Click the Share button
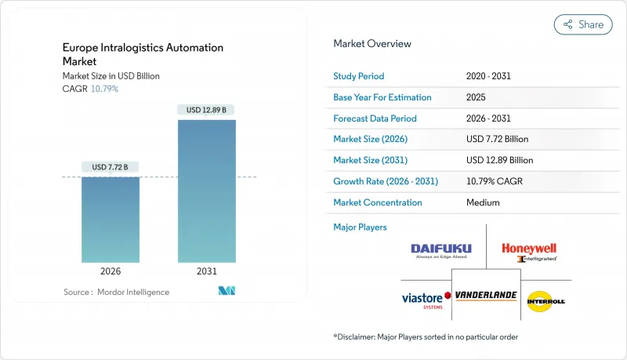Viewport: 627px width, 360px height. (583, 24)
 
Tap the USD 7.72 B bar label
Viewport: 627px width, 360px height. (111, 167)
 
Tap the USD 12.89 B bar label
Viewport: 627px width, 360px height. (206, 110)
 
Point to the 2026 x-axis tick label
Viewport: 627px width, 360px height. (111, 272)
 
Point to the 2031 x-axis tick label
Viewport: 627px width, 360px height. (206, 272)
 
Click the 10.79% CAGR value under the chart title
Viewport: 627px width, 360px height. (104, 89)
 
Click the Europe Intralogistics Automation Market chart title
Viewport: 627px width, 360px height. (143, 54)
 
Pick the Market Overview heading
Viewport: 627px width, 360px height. (372, 44)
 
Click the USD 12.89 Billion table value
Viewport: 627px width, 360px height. (499, 160)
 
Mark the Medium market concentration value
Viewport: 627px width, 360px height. (483, 202)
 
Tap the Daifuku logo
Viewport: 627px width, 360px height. (441, 251)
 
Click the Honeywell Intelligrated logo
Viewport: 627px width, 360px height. (530, 252)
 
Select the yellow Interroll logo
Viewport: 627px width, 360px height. (545, 300)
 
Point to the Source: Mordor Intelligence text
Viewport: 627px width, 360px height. (116, 292)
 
